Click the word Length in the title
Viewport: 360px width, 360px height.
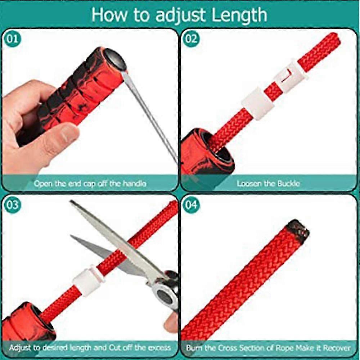[x=239, y=15]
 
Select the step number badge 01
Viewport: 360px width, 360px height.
[x=12, y=39]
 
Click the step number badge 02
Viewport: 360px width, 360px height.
[x=191, y=39]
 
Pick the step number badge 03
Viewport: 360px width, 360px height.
[x=12, y=205]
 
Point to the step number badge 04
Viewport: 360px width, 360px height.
[x=191, y=205]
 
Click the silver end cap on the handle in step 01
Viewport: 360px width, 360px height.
[x=115, y=60]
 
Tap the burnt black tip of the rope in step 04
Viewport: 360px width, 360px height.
[x=298, y=231]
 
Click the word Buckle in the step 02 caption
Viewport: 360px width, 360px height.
[x=288, y=184]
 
